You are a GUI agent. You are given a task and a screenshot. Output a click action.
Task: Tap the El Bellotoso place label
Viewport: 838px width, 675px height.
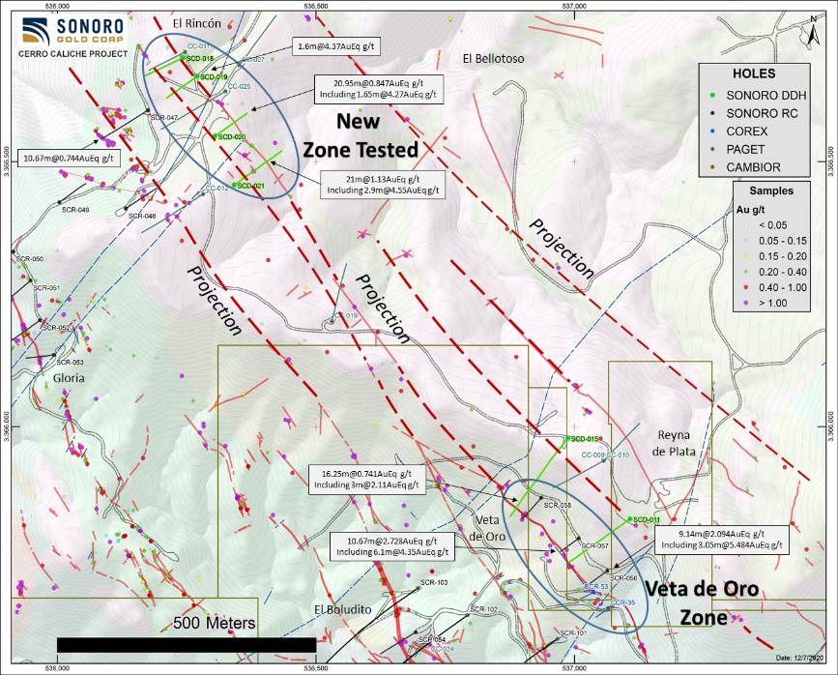click(492, 59)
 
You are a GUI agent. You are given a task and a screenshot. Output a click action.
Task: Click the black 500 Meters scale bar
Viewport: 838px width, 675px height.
click(187, 644)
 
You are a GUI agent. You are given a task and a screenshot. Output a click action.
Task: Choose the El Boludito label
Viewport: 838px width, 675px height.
click(342, 609)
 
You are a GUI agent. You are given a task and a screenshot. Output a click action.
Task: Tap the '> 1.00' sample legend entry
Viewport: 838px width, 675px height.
click(764, 303)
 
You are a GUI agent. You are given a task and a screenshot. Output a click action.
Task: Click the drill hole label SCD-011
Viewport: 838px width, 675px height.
click(647, 519)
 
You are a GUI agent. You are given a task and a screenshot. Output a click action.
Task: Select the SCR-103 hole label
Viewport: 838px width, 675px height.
click(434, 582)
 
